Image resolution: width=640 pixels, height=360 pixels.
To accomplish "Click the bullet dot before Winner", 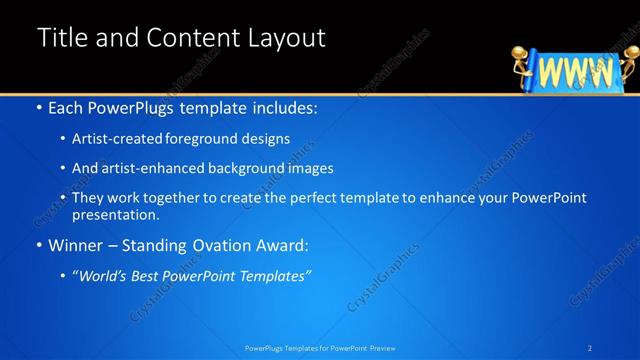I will pyautogui.click(x=38, y=245).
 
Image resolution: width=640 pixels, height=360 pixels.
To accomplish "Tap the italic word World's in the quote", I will pyautogui.click(x=110, y=275).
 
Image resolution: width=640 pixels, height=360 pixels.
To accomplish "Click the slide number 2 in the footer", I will pyautogui.click(x=590, y=347).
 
